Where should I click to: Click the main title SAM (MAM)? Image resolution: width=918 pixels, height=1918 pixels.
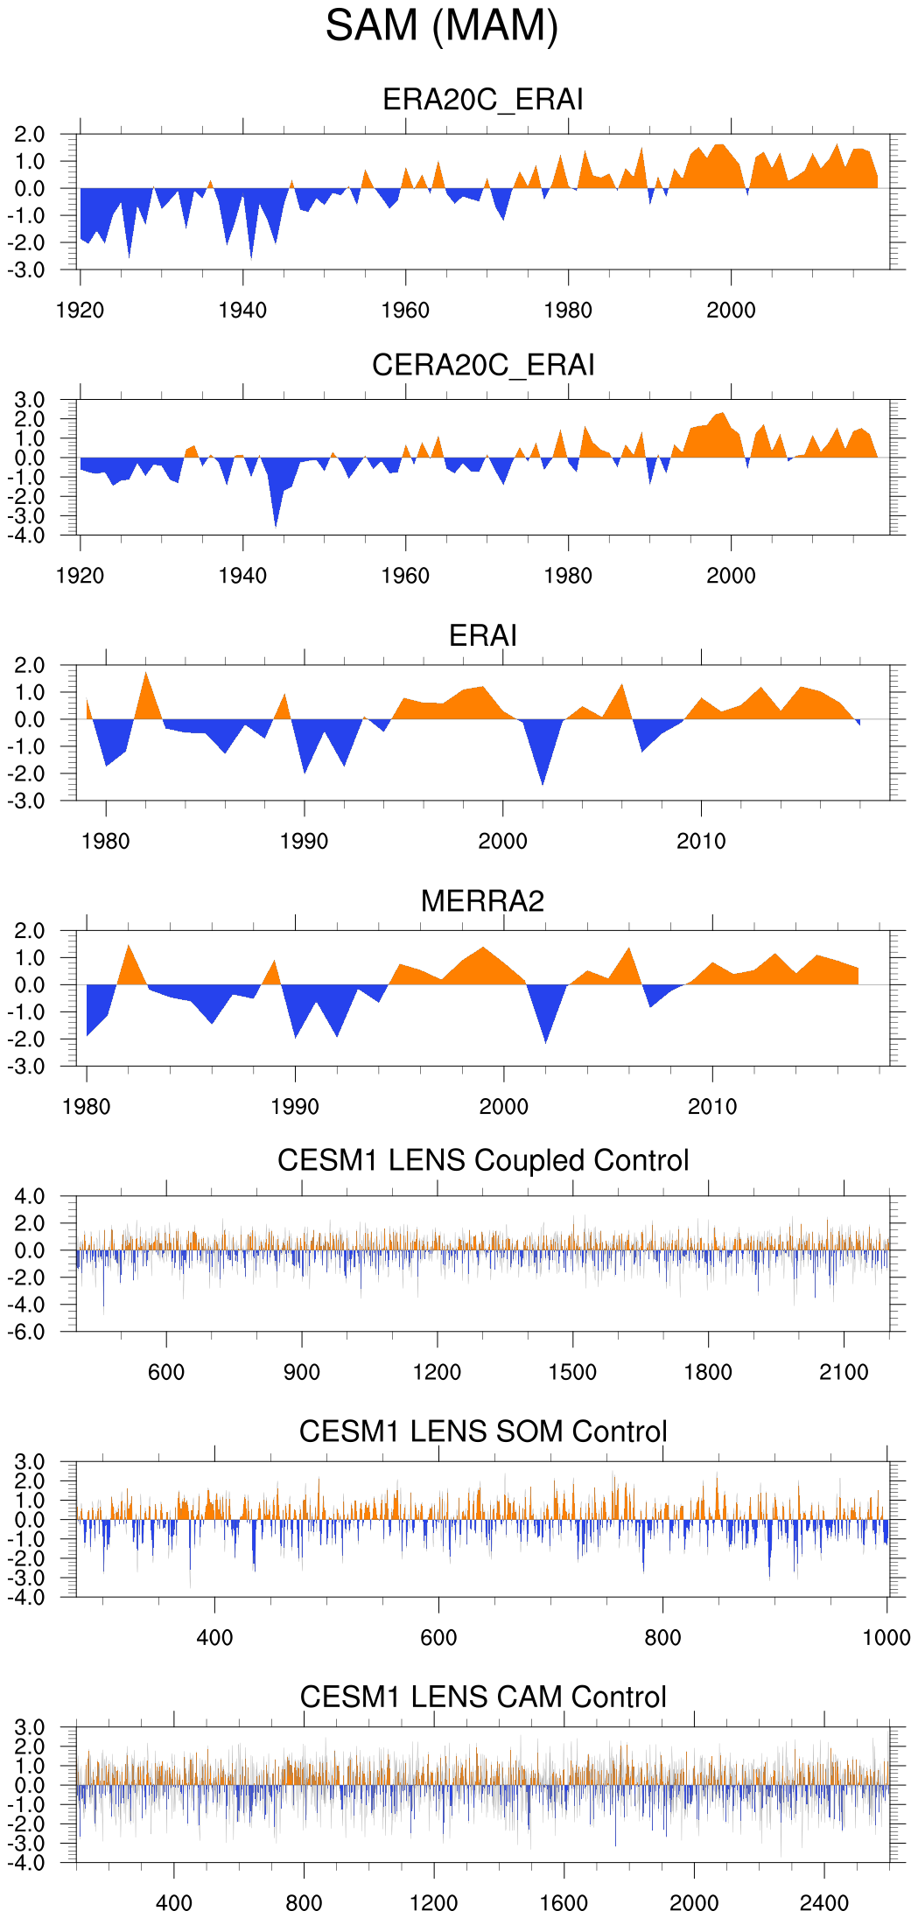[x=442, y=25]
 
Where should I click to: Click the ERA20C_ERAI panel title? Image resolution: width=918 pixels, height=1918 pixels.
[x=483, y=99]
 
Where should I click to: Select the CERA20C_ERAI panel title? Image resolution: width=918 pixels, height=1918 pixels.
[x=483, y=365]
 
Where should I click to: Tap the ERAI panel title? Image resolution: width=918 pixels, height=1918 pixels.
[x=483, y=635]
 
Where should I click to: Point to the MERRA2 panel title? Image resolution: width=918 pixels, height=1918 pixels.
[x=483, y=901]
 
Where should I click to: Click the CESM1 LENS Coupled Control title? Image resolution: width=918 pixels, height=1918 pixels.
[x=483, y=1160]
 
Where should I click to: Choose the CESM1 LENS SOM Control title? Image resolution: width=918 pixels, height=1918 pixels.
[x=483, y=1431]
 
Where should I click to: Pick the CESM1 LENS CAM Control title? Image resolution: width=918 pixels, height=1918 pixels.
[x=483, y=1697]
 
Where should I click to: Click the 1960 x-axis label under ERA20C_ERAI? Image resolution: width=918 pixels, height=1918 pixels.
[x=405, y=311]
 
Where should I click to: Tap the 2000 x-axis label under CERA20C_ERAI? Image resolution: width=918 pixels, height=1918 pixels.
[x=731, y=576]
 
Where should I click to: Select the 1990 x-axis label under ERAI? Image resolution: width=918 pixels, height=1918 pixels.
[x=304, y=842]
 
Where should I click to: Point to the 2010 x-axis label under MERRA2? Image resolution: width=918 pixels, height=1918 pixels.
[x=712, y=1107]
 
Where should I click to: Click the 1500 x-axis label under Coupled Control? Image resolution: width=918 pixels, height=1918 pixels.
[x=572, y=1372]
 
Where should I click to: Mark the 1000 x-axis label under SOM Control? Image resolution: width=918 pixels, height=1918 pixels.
[x=886, y=1638]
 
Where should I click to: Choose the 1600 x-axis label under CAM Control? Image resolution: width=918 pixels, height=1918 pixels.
[x=564, y=1903]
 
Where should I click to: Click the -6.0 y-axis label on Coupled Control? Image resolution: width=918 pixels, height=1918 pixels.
[x=29, y=1332]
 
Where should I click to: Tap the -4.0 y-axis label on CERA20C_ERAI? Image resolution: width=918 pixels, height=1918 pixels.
[x=29, y=535]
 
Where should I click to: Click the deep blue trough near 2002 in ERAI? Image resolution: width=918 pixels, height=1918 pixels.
[x=543, y=770]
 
